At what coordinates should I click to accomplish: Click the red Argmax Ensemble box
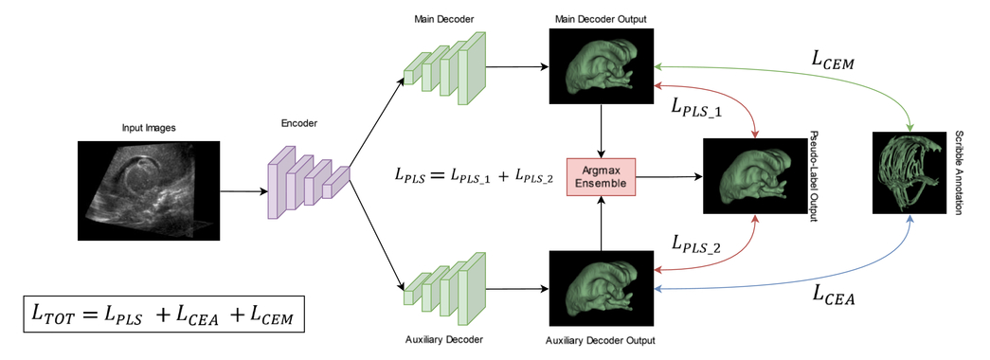pos(601,176)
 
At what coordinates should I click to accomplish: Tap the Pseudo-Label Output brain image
pos(752,176)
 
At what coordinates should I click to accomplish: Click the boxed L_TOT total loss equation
pos(163,314)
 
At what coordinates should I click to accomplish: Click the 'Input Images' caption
pos(149,128)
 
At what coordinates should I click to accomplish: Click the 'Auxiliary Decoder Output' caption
pos(601,338)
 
